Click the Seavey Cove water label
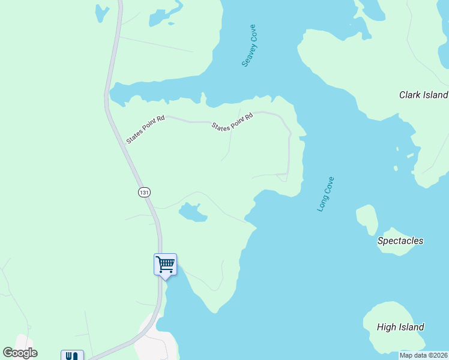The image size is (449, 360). [x=249, y=46]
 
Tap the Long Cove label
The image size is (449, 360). [x=325, y=194]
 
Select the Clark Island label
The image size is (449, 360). [x=423, y=95]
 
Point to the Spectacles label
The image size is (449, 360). [x=400, y=241]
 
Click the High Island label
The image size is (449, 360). [x=400, y=327]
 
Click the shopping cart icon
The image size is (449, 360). [x=165, y=263]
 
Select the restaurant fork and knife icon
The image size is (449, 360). [x=72, y=355]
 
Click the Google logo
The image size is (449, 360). [x=20, y=353]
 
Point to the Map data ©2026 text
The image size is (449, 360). [x=424, y=355]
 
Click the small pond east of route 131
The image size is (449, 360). [x=192, y=212]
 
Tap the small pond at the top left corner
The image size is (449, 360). [x=101, y=11]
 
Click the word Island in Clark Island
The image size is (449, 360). [x=435, y=95]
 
